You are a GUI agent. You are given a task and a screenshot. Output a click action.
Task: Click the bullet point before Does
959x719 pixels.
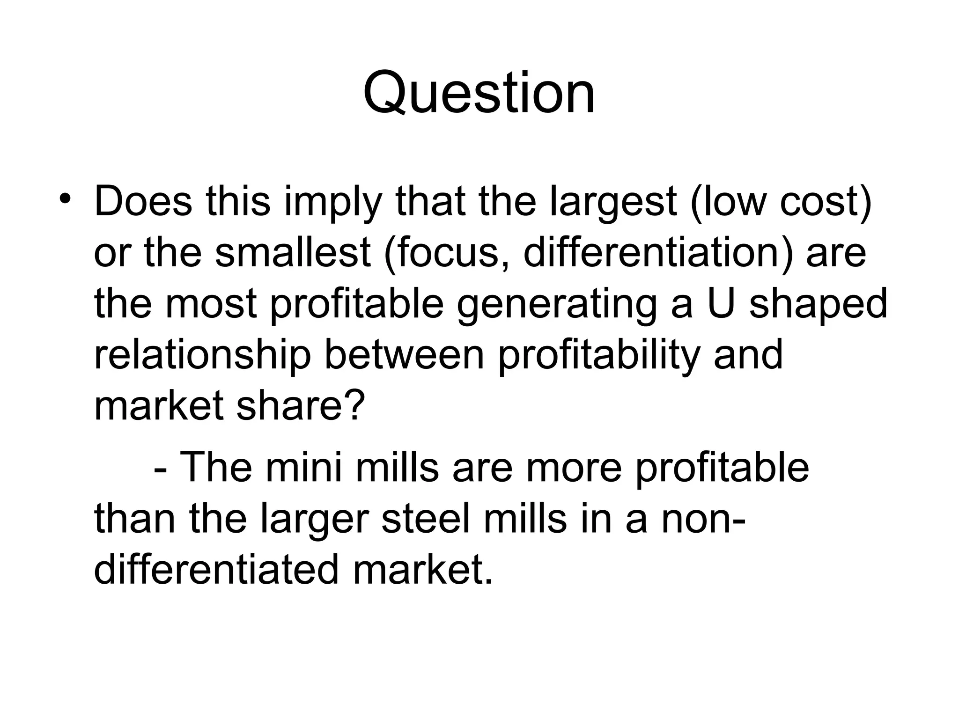[65, 198]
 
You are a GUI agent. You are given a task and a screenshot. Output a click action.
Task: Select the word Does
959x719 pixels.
[143, 202]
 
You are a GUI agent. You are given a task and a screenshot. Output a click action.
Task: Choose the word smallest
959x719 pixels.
[293, 253]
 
